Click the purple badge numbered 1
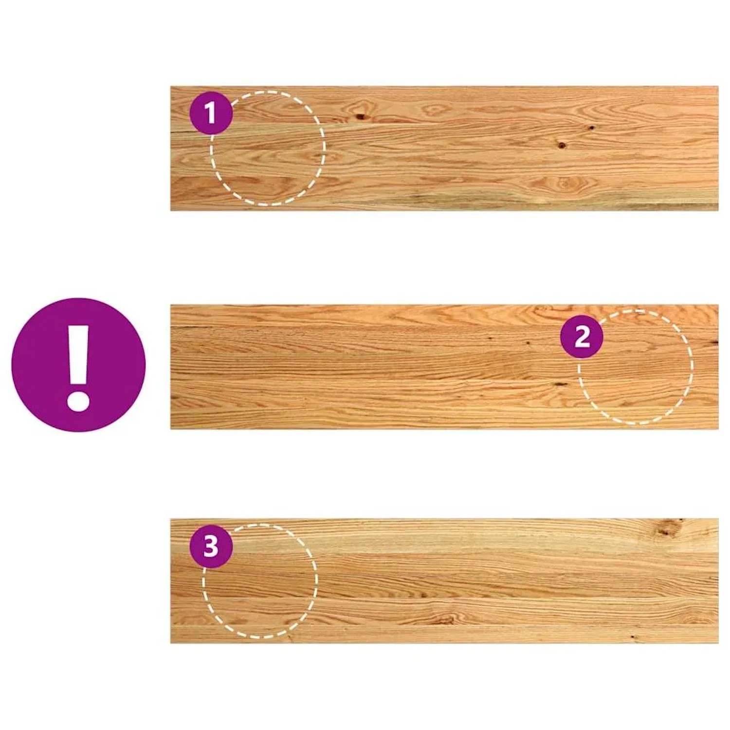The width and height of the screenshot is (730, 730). pyautogui.click(x=211, y=113)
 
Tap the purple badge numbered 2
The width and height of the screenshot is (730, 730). pyautogui.click(x=582, y=336)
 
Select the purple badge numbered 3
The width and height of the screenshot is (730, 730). pyautogui.click(x=211, y=547)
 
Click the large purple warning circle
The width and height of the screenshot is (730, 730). pyautogui.click(x=78, y=365)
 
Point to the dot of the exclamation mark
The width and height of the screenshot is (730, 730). pyautogui.click(x=78, y=398)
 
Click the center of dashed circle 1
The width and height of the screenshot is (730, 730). pyautogui.click(x=268, y=148)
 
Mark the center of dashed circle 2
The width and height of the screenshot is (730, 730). pyautogui.click(x=636, y=367)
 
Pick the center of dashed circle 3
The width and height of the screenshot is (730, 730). pyautogui.click(x=260, y=581)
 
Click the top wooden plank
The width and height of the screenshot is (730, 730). pyautogui.click(x=444, y=148)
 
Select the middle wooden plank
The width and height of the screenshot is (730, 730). pyautogui.click(x=444, y=367)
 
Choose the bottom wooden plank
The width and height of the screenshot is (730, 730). pyautogui.click(x=444, y=581)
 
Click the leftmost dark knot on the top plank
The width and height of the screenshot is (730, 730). pyautogui.click(x=361, y=116)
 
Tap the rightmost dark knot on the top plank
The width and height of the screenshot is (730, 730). pyautogui.click(x=592, y=128)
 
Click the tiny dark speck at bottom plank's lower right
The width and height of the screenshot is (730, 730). pyautogui.click(x=633, y=636)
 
